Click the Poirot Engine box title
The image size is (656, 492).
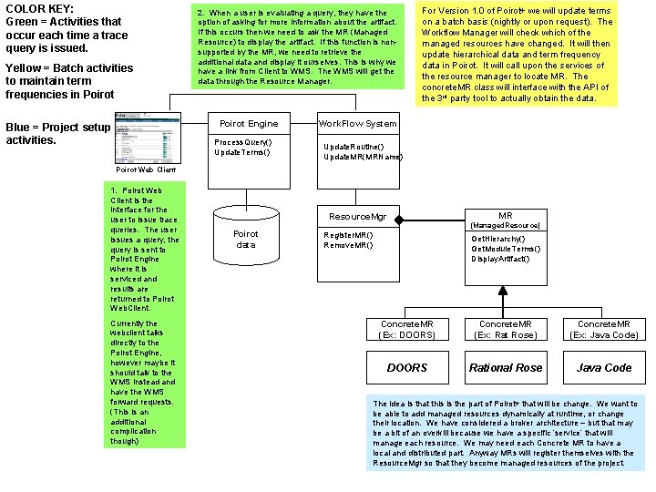click(x=250, y=124)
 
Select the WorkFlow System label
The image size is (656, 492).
click(x=357, y=124)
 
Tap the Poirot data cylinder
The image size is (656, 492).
click(x=246, y=239)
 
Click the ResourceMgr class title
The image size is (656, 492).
click(x=357, y=217)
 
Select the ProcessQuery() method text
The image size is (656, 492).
click(x=242, y=142)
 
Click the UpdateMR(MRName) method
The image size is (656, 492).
click(x=364, y=158)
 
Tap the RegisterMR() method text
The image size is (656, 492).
click(x=349, y=234)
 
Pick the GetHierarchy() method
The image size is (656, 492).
click(x=497, y=239)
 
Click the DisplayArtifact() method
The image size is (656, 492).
click(x=500, y=259)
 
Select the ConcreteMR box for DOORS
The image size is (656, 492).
click(x=406, y=329)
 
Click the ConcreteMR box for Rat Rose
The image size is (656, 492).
click(x=506, y=329)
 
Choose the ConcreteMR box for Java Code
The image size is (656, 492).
click(x=604, y=329)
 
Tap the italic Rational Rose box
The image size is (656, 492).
click(x=506, y=368)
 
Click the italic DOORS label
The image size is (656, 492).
click(x=406, y=368)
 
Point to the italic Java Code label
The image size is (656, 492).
click(x=604, y=368)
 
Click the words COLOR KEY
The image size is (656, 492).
click(x=39, y=8)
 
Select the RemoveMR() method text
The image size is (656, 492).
click(x=348, y=245)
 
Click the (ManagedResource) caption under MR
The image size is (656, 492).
click(x=505, y=225)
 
